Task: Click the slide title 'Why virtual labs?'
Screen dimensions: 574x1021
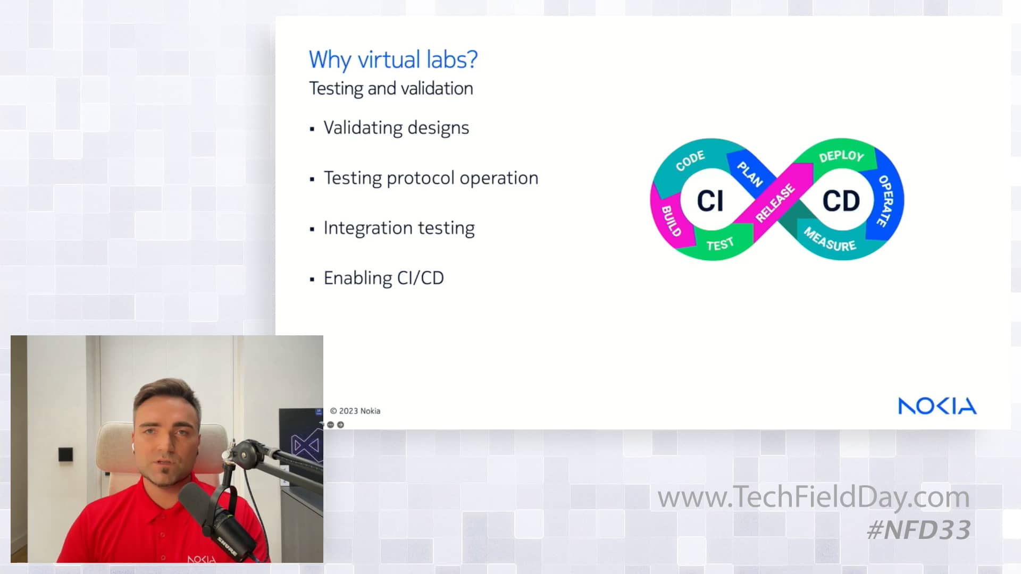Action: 393,60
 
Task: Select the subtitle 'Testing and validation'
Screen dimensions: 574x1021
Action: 391,88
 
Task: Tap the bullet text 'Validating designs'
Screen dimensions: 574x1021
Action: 396,128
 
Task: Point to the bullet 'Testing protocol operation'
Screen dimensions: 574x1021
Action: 431,178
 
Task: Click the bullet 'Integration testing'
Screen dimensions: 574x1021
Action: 399,228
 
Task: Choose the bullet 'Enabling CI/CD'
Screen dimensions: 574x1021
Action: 383,278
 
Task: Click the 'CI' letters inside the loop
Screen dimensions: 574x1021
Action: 710,201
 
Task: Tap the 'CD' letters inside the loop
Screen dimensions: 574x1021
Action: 841,201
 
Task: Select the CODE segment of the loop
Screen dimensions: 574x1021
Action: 690,160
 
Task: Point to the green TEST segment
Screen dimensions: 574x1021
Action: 720,244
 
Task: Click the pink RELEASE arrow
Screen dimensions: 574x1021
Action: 775,202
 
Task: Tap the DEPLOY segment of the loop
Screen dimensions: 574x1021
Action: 841,156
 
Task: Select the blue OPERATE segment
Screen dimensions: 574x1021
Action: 885,201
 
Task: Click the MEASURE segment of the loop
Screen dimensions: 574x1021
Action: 830,240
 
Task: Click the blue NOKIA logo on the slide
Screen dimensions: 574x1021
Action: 937,406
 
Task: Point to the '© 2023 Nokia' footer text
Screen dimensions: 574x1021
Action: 355,411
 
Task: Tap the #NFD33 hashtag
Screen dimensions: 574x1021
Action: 918,530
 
